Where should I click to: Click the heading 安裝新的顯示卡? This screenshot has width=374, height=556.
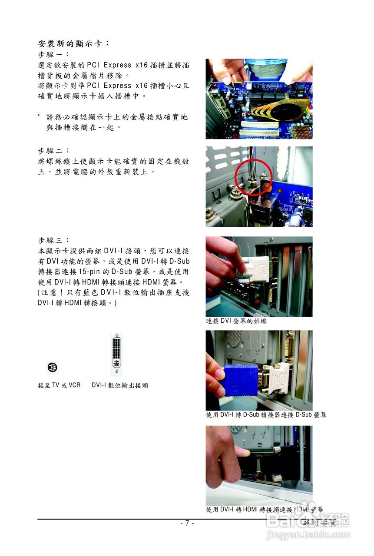tap(73, 44)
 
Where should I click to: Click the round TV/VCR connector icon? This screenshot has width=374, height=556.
tap(52, 367)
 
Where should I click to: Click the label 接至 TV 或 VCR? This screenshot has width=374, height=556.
tap(59, 385)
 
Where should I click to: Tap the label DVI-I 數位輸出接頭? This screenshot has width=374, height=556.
tap(120, 385)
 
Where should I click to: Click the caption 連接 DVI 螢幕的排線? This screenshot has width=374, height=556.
tap(236, 321)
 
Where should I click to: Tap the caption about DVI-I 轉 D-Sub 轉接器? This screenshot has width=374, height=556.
tap(266, 415)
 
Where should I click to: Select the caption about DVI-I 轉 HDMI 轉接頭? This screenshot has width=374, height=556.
tap(264, 510)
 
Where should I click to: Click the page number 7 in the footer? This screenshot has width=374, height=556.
tap(187, 523)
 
